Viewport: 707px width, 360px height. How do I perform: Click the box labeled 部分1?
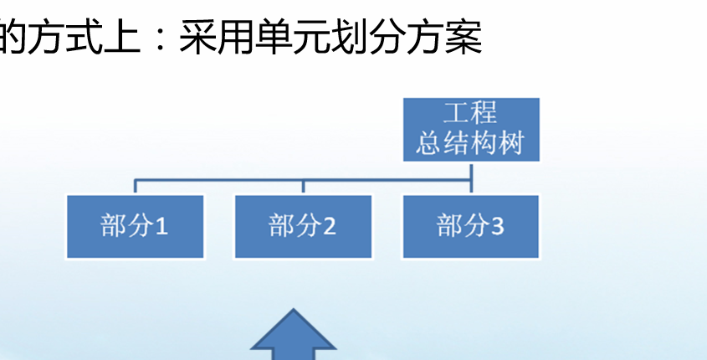click(136, 227)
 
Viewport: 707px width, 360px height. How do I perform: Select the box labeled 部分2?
click(303, 227)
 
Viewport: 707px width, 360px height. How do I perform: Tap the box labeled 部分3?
click(471, 227)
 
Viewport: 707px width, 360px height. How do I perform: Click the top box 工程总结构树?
click(471, 130)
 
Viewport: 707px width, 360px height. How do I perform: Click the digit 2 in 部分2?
click(330, 226)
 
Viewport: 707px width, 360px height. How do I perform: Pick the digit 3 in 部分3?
click(497, 226)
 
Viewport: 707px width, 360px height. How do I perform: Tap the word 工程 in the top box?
click(470, 113)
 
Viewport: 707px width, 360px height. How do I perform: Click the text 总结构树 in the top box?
click(470, 143)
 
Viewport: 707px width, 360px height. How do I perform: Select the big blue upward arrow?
click(294, 336)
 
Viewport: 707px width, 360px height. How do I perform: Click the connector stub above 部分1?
click(136, 187)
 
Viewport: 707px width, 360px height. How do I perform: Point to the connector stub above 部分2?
click(303, 187)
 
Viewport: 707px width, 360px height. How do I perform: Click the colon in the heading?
click(160, 37)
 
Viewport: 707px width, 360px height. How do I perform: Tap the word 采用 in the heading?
click(217, 36)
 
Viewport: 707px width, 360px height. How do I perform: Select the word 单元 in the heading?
click(292, 36)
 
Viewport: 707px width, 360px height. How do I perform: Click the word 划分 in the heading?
click(368, 36)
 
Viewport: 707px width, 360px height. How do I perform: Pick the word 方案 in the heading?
click(444, 36)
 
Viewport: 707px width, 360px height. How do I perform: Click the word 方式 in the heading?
click(65, 36)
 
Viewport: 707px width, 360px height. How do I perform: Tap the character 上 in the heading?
click(122, 36)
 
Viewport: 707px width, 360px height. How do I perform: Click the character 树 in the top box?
click(511, 143)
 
